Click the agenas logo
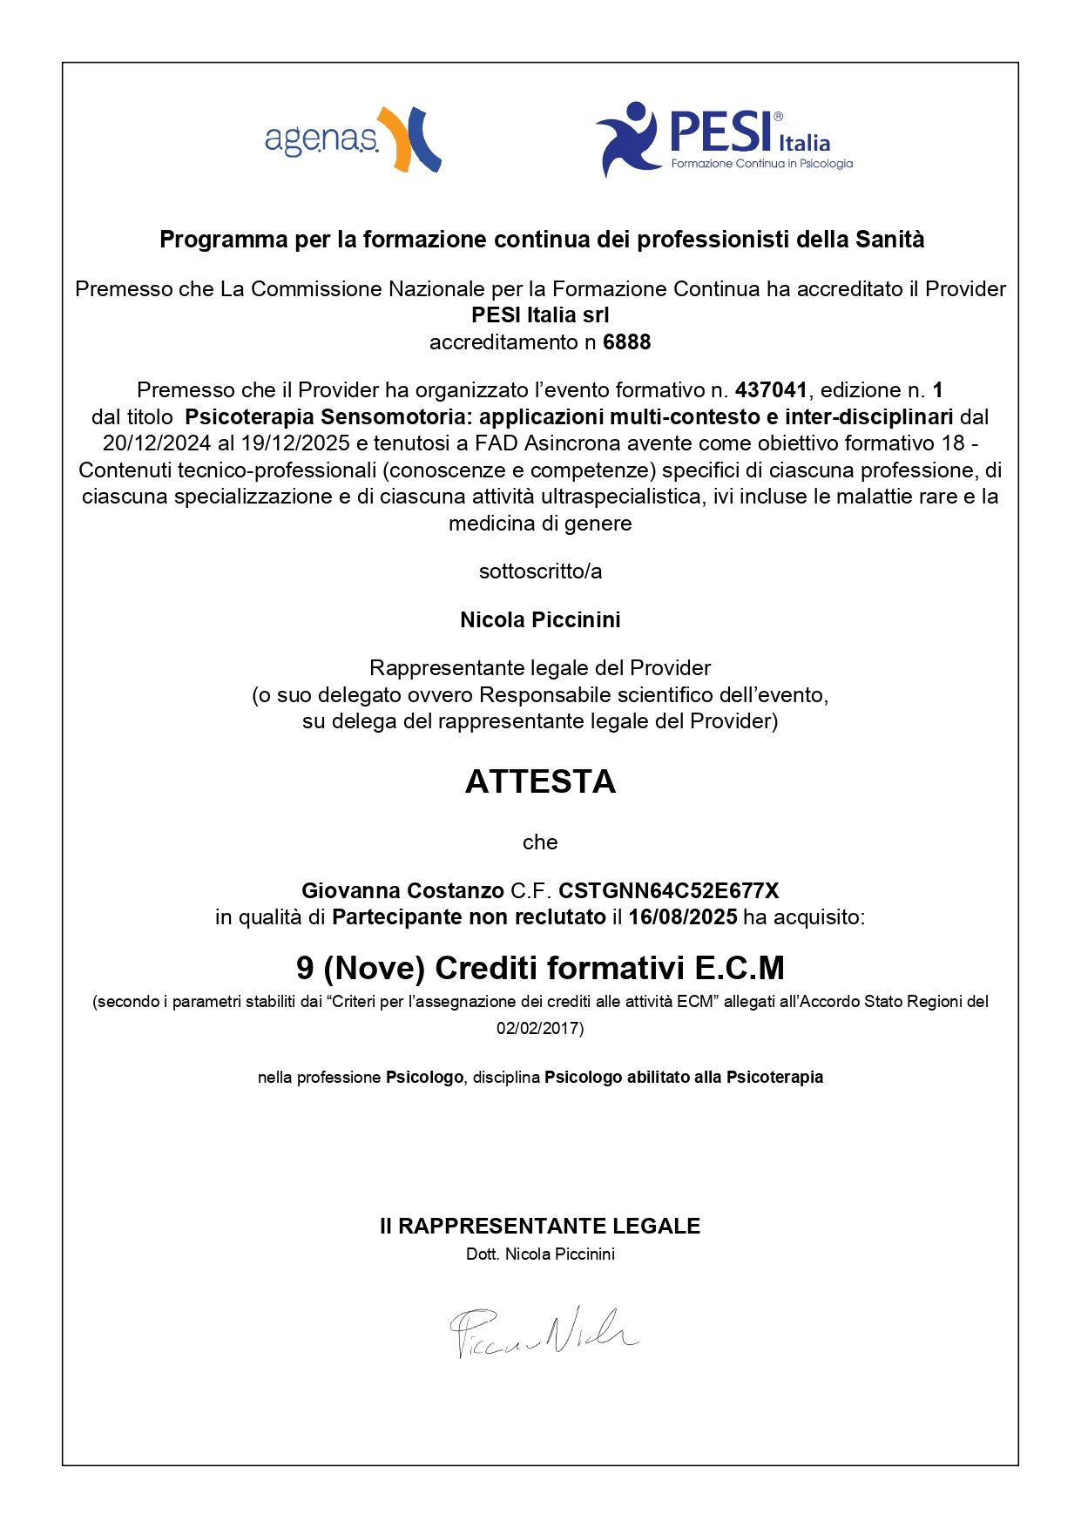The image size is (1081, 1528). point(352,139)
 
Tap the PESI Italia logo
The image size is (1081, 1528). point(724,139)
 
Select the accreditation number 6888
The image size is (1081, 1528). point(626,342)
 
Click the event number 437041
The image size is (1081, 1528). point(771,389)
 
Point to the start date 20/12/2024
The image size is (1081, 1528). point(157,443)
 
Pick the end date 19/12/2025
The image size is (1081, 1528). point(295,443)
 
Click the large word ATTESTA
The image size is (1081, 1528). point(540,781)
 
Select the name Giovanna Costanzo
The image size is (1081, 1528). point(402,890)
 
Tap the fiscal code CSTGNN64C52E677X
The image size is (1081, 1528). point(668,890)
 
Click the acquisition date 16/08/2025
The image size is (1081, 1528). point(683,917)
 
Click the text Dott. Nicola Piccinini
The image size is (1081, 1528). point(540,1254)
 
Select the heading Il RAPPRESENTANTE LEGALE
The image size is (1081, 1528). point(540,1226)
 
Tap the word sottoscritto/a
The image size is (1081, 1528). point(540,571)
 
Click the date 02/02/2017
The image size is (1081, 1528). point(539,1029)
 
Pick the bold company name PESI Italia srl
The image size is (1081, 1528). point(540,315)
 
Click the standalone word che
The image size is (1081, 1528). point(540,842)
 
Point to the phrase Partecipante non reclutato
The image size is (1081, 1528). point(469,917)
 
